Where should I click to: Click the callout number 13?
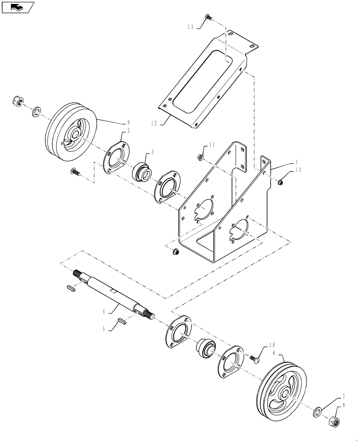click(190, 27)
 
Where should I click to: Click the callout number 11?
click(212, 144)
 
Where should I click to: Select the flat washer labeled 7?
click(318, 412)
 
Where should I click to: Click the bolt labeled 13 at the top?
click(208, 17)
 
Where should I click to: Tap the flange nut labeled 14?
click(280, 181)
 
